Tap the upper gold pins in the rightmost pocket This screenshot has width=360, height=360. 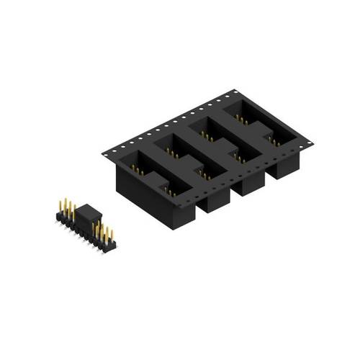tap(240, 117)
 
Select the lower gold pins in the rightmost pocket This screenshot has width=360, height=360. tap(275, 141)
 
